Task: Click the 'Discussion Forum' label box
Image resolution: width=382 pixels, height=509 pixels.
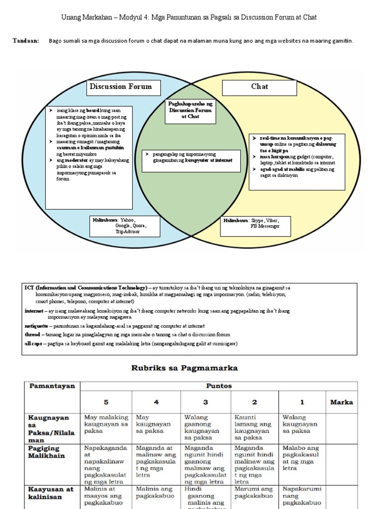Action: click(x=120, y=87)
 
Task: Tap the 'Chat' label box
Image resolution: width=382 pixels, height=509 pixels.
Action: click(x=259, y=87)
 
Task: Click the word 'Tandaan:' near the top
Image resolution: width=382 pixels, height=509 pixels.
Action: click(x=25, y=41)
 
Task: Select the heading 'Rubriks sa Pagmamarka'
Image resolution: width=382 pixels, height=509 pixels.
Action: click(x=184, y=368)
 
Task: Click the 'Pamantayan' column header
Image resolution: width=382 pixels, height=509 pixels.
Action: click(x=52, y=386)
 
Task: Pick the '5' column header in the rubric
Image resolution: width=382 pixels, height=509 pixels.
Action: click(x=105, y=402)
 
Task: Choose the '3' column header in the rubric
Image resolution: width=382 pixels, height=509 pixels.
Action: click(x=205, y=402)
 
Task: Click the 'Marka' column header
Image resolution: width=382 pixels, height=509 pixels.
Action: click(x=341, y=402)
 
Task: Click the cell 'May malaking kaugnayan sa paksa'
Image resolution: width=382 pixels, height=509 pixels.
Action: click(x=106, y=424)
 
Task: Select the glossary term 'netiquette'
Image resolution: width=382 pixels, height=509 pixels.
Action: click(x=36, y=326)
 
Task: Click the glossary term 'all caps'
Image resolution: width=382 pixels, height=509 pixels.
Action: click(x=35, y=343)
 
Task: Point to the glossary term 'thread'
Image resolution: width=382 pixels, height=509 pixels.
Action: click(x=32, y=335)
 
